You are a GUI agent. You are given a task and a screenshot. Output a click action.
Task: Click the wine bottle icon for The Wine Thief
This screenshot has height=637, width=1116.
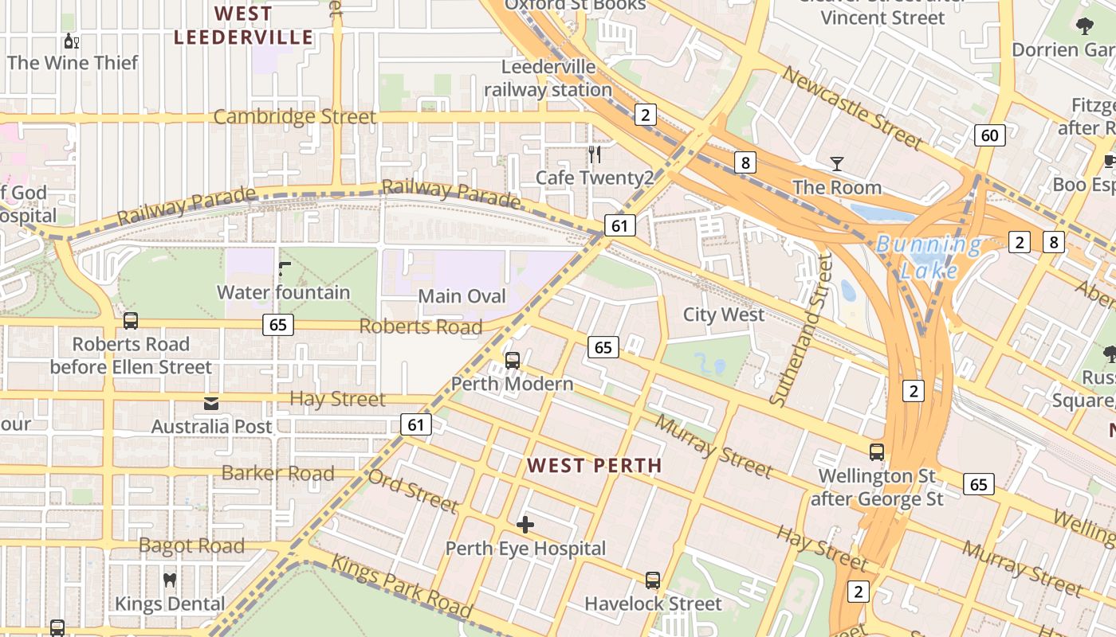coord(71,41)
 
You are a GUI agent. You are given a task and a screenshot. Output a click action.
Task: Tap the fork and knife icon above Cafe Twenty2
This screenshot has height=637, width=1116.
coord(594,154)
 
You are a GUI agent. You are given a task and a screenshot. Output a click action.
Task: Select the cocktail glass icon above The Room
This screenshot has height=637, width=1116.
coord(836,164)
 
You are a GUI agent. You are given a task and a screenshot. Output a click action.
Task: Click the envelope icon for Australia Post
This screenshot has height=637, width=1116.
coord(211,404)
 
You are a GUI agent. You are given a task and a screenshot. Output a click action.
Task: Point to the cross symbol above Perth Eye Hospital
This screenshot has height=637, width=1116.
coord(525,525)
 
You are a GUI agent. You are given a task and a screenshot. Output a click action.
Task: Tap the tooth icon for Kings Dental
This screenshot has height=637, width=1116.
coord(169,580)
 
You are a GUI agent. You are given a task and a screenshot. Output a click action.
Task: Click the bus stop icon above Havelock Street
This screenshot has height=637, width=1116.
coord(653,580)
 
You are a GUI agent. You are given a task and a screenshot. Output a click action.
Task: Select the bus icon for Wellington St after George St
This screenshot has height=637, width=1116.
coord(877,452)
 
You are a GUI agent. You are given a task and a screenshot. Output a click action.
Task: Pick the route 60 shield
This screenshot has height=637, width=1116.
coord(989,135)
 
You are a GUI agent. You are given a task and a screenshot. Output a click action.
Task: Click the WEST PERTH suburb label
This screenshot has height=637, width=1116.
coord(595,466)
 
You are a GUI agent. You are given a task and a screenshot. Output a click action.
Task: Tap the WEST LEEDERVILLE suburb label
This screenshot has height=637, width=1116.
coord(244,25)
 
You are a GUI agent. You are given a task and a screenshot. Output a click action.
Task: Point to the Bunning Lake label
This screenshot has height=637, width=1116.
coord(929,257)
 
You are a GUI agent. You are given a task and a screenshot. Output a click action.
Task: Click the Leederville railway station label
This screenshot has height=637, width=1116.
coord(548,78)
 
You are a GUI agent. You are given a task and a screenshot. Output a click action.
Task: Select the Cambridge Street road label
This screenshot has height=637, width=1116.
coord(294,117)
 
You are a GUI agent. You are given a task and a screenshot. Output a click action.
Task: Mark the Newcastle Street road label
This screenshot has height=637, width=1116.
coord(853,108)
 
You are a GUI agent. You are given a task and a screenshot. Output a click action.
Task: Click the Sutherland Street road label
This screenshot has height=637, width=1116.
coord(800,330)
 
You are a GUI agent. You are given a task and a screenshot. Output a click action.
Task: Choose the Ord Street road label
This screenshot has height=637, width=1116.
coord(413,490)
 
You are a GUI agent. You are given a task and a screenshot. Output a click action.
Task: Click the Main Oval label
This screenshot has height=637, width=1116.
coord(462,296)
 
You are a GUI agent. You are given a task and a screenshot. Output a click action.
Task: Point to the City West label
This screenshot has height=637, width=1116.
coord(723,315)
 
